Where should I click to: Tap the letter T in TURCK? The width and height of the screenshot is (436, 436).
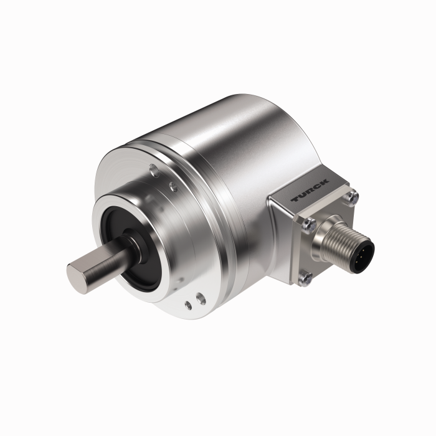(296, 199)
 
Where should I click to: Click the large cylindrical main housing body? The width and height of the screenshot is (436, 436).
(249, 143)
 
